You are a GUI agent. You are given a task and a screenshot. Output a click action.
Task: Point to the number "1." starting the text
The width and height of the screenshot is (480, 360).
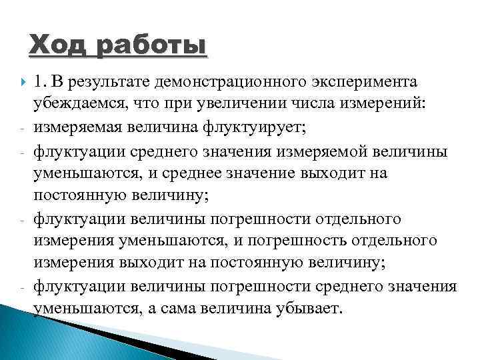pos(42,81)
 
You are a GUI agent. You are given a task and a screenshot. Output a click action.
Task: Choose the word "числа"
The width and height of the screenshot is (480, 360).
pos(315,104)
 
